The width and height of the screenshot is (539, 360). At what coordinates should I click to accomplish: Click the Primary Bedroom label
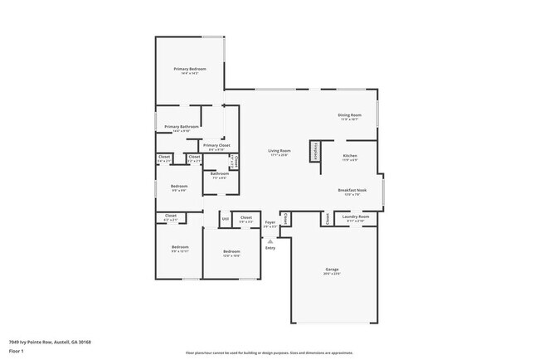[x=190, y=68]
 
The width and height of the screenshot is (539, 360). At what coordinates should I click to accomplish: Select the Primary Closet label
[x=216, y=145]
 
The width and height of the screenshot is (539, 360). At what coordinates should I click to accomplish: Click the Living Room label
[x=279, y=151]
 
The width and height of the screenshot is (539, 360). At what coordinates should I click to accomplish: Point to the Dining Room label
[x=349, y=114]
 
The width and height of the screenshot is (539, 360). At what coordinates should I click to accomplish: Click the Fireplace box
[x=316, y=152]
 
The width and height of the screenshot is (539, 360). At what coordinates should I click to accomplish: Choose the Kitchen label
[x=350, y=155]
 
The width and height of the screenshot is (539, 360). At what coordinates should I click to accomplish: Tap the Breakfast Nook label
[x=349, y=190]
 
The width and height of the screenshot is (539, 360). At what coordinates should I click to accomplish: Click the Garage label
[x=332, y=270]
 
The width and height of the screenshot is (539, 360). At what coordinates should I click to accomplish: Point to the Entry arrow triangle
[x=269, y=241]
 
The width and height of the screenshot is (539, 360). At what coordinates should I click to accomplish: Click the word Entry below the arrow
[x=269, y=248]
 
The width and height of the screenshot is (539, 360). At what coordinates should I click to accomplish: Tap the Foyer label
[x=269, y=222]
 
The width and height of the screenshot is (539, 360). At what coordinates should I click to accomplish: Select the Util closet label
[x=225, y=219]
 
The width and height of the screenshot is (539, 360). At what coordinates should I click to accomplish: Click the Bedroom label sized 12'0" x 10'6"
[x=231, y=251]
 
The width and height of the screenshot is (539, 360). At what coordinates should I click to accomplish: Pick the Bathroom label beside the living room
[x=220, y=173]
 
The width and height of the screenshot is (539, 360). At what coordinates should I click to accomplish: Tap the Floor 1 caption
[x=17, y=351]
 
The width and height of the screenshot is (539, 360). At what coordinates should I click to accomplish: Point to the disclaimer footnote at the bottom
[x=269, y=352]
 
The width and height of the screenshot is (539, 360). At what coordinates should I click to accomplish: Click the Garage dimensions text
[x=332, y=275]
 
